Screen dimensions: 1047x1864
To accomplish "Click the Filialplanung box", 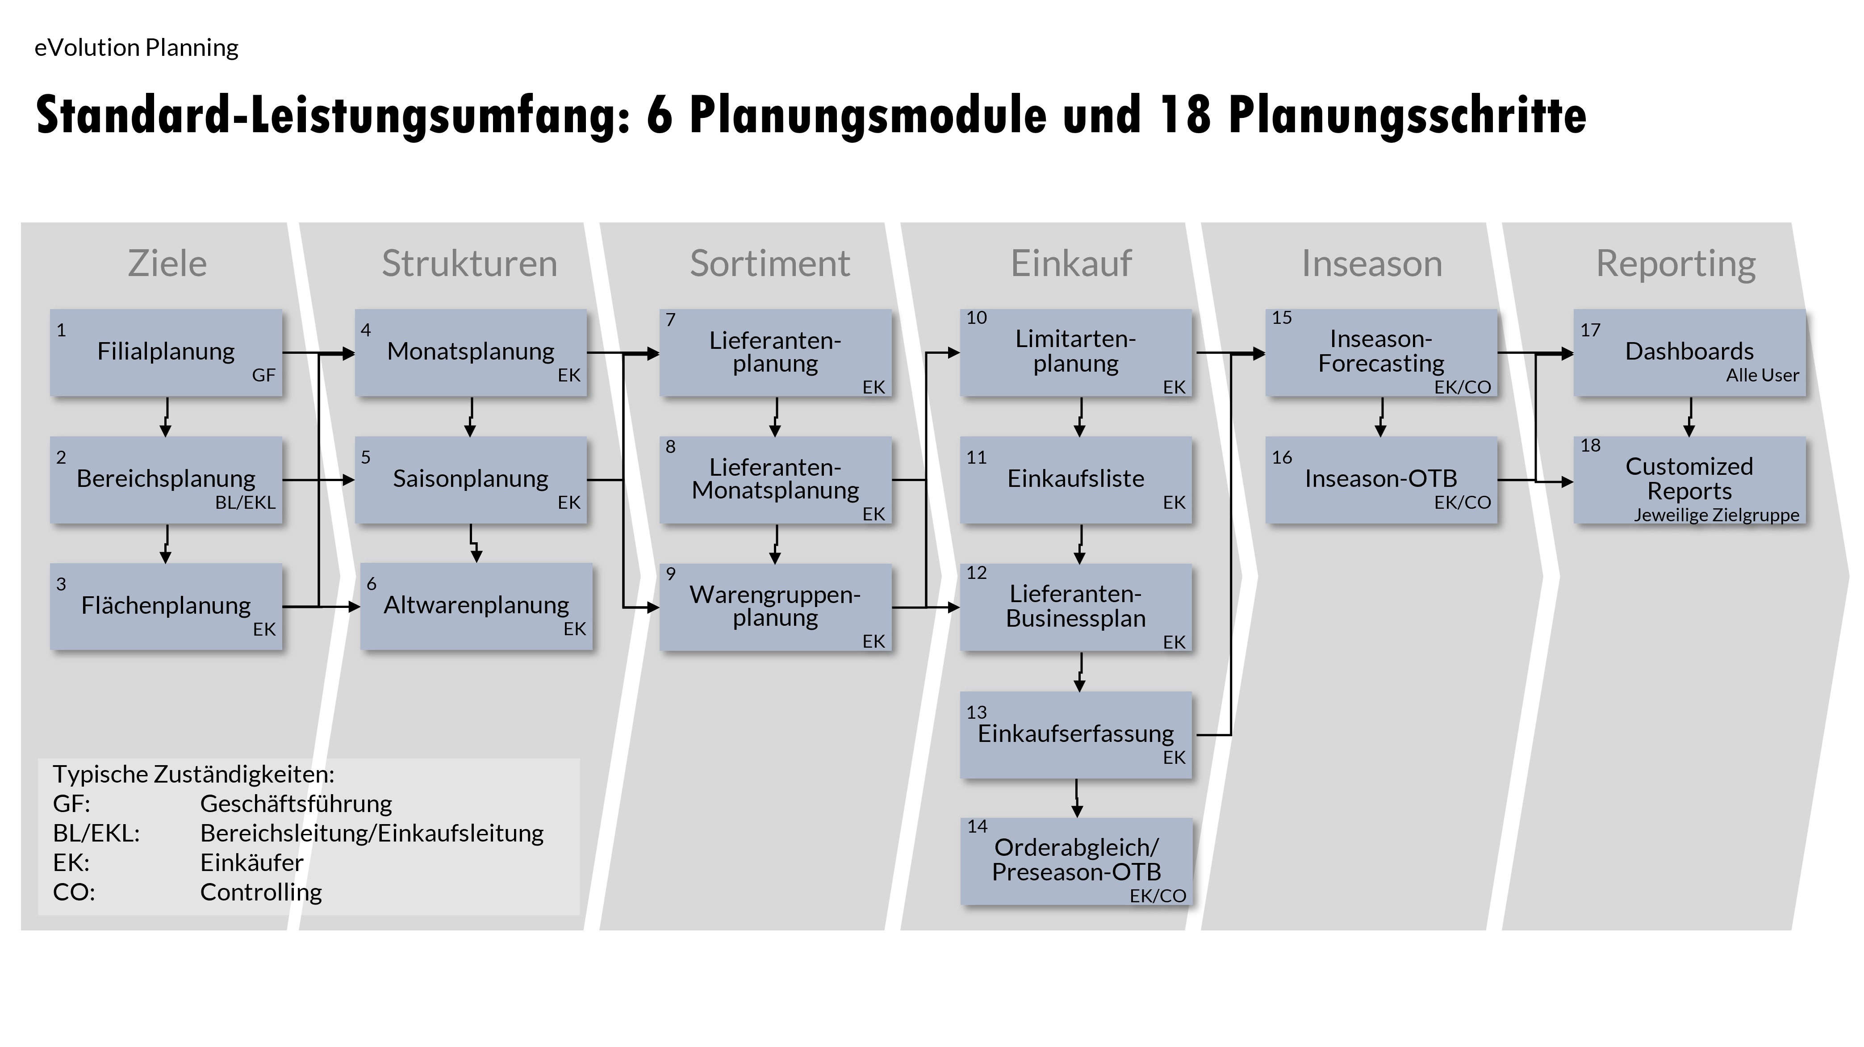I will (x=166, y=352).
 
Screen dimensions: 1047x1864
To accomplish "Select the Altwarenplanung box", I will (x=476, y=606).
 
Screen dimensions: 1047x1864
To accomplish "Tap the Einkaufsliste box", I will (x=1075, y=479).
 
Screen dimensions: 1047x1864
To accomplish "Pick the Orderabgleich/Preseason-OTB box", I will (x=1075, y=861).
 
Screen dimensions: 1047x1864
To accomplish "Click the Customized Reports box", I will (x=1689, y=479).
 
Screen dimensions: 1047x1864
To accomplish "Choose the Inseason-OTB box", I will (x=1381, y=479).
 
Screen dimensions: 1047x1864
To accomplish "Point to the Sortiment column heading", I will (x=769, y=264).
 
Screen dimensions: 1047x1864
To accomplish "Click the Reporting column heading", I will (x=1675, y=264).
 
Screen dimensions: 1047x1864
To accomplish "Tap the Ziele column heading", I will (x=167, y=264).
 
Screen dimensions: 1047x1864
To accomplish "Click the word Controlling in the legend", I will (x=260, y=892).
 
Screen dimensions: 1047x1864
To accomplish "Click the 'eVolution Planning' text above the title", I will (x=136, y=48).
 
